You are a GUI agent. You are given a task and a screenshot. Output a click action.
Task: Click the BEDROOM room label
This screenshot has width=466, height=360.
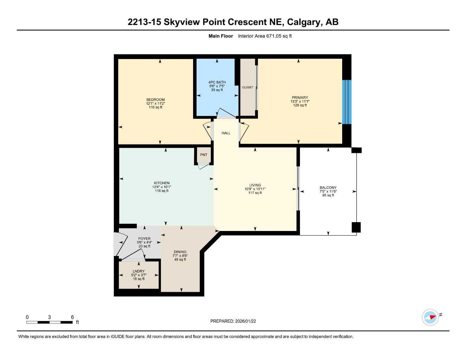tap(155, 99)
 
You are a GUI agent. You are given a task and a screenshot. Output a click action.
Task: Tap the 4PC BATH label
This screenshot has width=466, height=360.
tap(217, 82)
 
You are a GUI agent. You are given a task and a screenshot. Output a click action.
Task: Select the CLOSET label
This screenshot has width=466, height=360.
tap(248, 87)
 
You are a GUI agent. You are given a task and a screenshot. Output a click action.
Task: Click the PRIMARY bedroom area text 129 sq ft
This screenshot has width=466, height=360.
tap(300, 105)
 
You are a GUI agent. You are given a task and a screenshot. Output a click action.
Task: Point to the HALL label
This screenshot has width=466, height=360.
tap(226, 133)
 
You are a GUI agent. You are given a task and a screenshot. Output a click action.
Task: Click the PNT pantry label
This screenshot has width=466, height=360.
tap(204, 155)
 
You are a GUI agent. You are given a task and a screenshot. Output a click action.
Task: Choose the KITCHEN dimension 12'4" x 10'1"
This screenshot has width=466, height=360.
tap(162, 187)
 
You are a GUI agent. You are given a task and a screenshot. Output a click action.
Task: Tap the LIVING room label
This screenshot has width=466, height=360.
tap(255, 185)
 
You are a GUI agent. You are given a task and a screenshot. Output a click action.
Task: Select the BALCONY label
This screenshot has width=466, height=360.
tap(328, 188)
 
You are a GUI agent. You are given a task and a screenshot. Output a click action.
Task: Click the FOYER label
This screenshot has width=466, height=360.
tap(144, 238)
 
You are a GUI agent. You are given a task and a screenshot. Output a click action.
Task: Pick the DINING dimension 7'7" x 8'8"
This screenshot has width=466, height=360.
tap(180, 256)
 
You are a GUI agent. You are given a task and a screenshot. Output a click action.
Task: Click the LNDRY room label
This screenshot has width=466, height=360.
tap(139, 271)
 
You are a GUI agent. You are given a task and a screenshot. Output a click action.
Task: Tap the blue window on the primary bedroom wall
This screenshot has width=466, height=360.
tap(347, 102)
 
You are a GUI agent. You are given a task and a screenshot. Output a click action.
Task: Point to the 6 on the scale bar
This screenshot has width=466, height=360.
tap(72, 317)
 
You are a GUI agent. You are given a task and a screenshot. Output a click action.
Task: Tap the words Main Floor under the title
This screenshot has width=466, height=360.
tap(221, 36)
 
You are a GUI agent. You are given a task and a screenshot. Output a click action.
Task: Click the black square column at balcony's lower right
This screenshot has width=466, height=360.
tap(356, 227)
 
